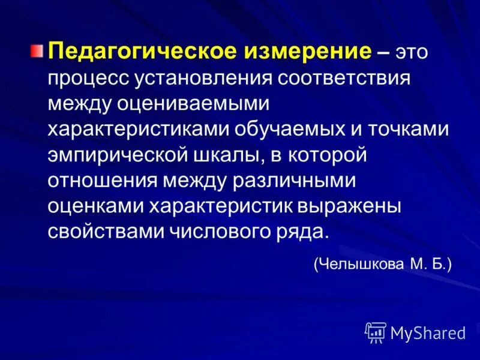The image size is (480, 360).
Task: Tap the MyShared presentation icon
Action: click(x=375, y=332)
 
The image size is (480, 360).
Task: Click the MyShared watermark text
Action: click(x=428, y=332)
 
